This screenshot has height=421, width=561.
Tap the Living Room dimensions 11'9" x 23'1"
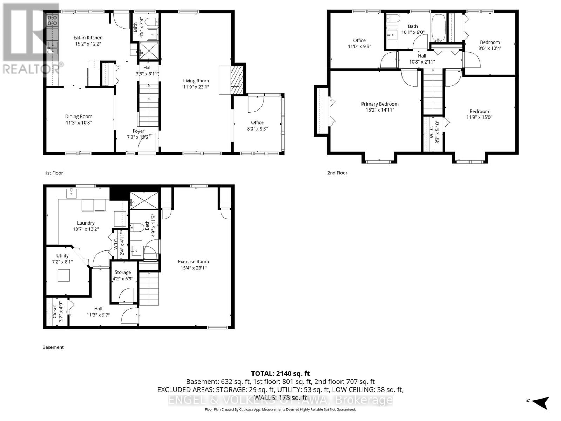(x=196, y=87)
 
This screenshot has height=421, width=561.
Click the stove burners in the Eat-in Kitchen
(x=53, y=20)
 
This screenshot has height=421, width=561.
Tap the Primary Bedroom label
(x=380, y=104)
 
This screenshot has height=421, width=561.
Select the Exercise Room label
(x=193, y=261)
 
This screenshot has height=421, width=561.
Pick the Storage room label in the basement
(x=123, y=272)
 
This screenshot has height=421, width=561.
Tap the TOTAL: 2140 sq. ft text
(x=280, y=374)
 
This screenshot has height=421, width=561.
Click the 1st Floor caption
(x=54, y=173)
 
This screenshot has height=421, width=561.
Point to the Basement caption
(x=53, y=347)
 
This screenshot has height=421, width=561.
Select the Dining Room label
(x=79, y=116)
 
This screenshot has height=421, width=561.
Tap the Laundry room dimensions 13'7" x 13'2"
(x=86, y=229)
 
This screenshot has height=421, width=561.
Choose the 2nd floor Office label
(x=359, y=40)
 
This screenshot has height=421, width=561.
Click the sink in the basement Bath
(x=136, y=250)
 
